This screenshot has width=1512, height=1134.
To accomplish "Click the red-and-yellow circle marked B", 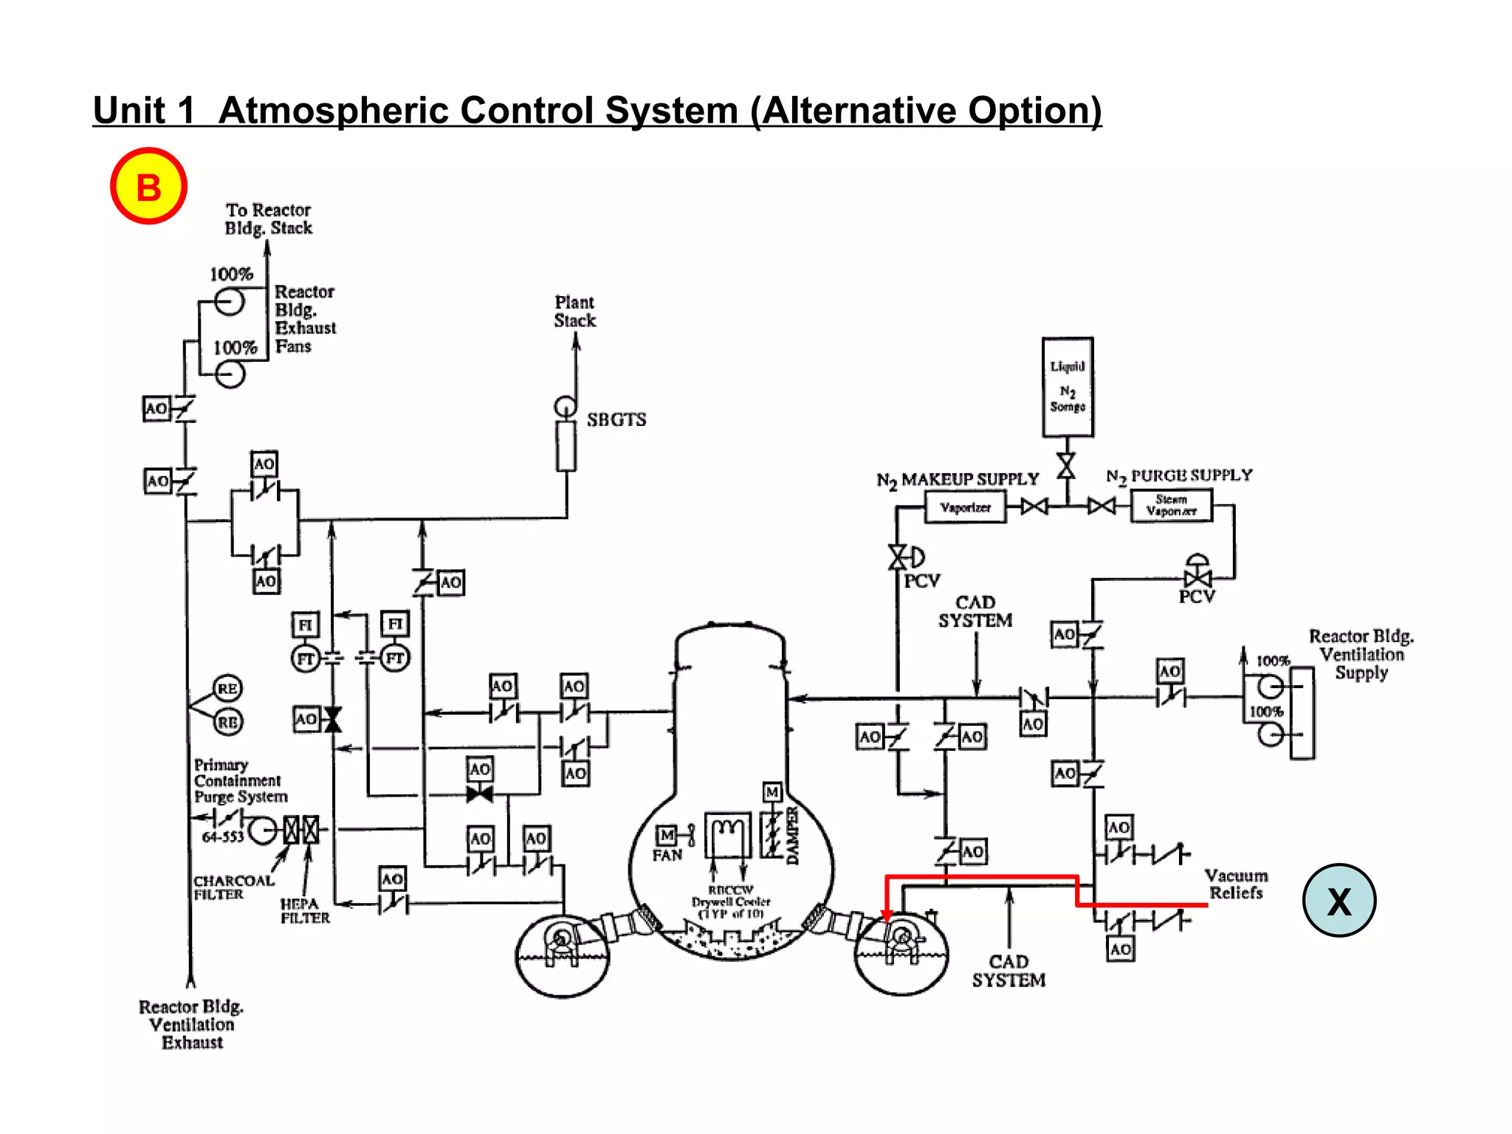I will click(148, 186).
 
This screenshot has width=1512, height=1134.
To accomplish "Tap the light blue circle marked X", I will click(1339, 900).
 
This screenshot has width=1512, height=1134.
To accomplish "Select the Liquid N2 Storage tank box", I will click(1068, 388).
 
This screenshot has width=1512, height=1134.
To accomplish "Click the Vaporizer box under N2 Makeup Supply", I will click(965, 507).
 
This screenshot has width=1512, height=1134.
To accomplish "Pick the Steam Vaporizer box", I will click(1171, 506).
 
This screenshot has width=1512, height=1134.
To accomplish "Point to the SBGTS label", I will click(616, 419).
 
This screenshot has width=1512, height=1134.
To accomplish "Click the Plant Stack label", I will click(574, 312).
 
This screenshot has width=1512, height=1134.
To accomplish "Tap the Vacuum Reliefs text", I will click(1236, 884).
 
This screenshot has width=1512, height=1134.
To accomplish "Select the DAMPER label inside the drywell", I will click(792, 835).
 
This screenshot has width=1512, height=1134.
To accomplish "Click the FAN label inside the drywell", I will click(667, 855).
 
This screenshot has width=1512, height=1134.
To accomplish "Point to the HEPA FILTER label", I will click(304, 911).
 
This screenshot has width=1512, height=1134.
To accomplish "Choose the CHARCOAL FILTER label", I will click(233, 887).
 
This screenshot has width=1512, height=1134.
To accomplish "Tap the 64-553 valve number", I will click(222, 836).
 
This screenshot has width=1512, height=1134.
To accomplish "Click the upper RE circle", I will click(227, 688).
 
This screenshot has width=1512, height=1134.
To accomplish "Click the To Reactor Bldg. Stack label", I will click(268, 219).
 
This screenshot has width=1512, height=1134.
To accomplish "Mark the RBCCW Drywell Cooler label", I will click(730, 901).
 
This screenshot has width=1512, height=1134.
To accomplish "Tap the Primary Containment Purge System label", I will click(240, 780).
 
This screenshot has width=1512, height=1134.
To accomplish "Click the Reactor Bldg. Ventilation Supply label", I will click(1361, 654).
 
